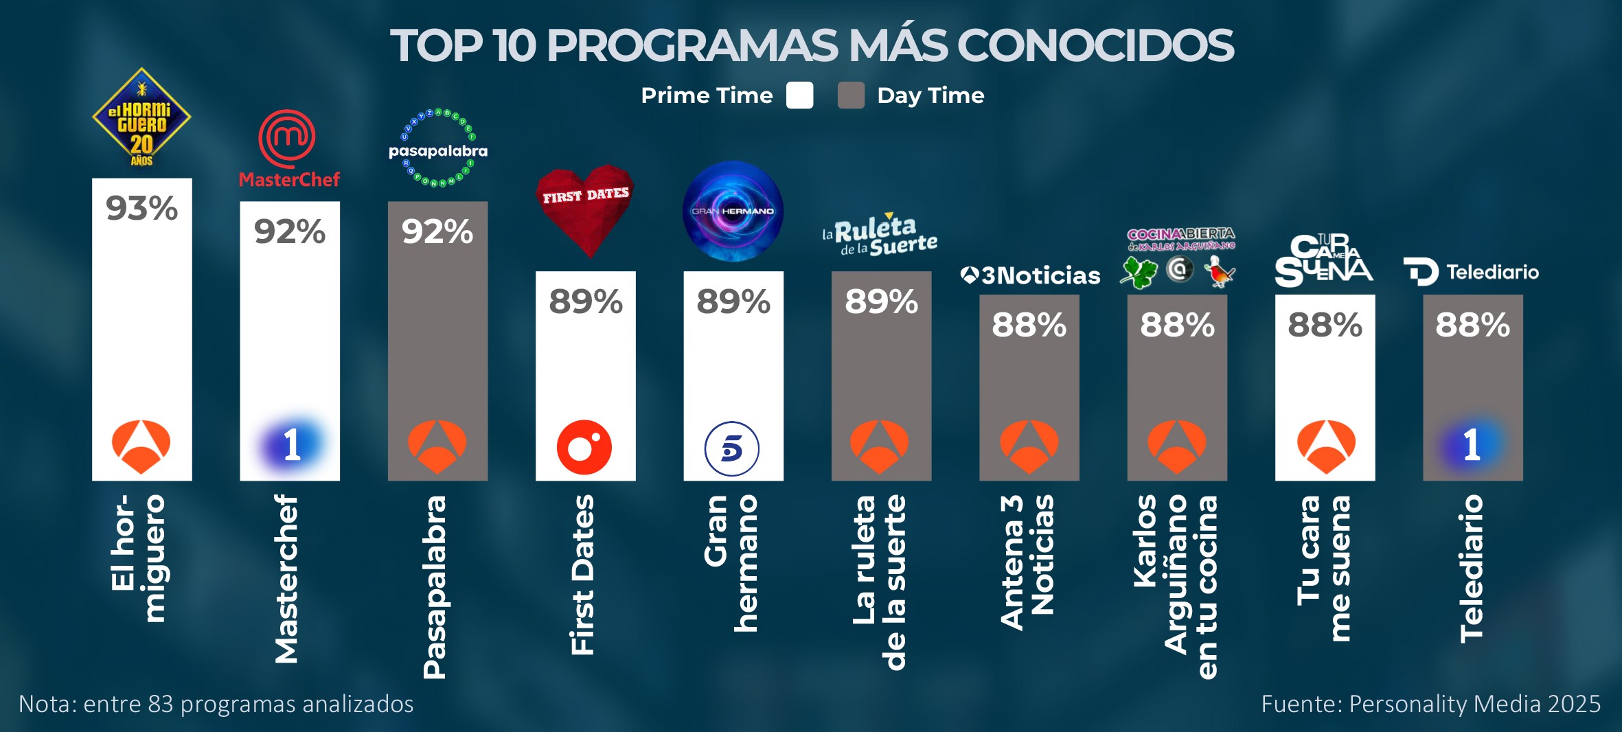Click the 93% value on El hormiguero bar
click(141, 208)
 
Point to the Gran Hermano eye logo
click(733, 211)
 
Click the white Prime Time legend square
click(799, 95)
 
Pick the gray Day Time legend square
click(851, 95)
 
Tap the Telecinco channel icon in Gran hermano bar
click(732, 449)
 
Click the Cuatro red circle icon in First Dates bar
click(584, 448)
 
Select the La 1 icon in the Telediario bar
click(1471, 445)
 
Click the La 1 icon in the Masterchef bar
click(292, 445)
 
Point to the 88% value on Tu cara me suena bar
click(1325, 325)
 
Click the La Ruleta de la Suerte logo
click(880, 236)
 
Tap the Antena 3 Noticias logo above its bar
click(1029, 275)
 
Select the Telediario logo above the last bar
click(1472, 272)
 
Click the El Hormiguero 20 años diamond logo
click(141, 118)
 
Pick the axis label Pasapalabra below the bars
click(435, 587)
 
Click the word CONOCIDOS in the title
click(1095, 46)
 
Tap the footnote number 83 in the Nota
click(161, 704)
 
